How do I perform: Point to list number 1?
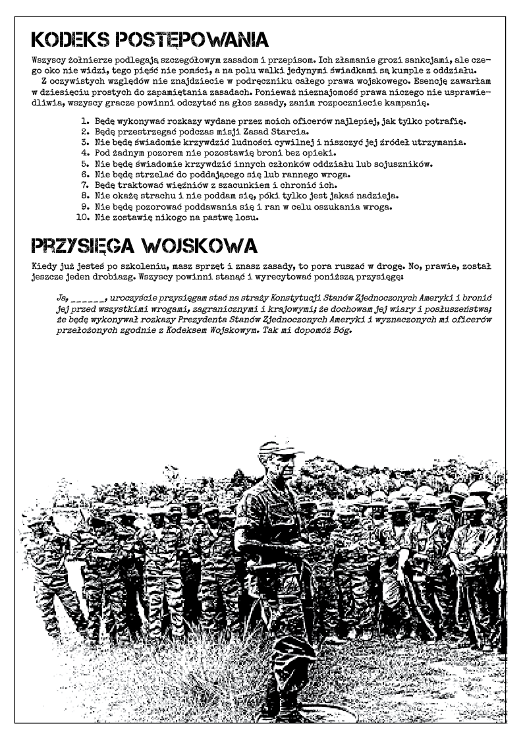[x=85, y=121]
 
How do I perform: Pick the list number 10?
[x=83, y=217]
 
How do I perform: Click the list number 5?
[x=85, y=164]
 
